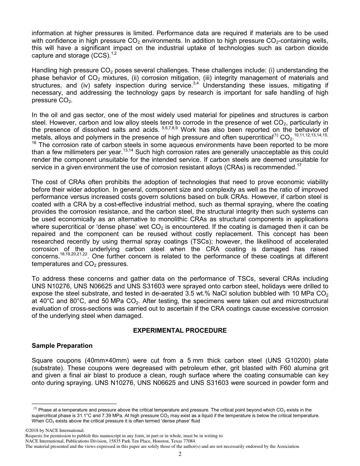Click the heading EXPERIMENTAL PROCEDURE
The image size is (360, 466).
180,330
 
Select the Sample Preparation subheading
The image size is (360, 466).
62,346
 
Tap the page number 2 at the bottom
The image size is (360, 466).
180,454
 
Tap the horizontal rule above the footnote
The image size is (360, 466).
74,404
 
